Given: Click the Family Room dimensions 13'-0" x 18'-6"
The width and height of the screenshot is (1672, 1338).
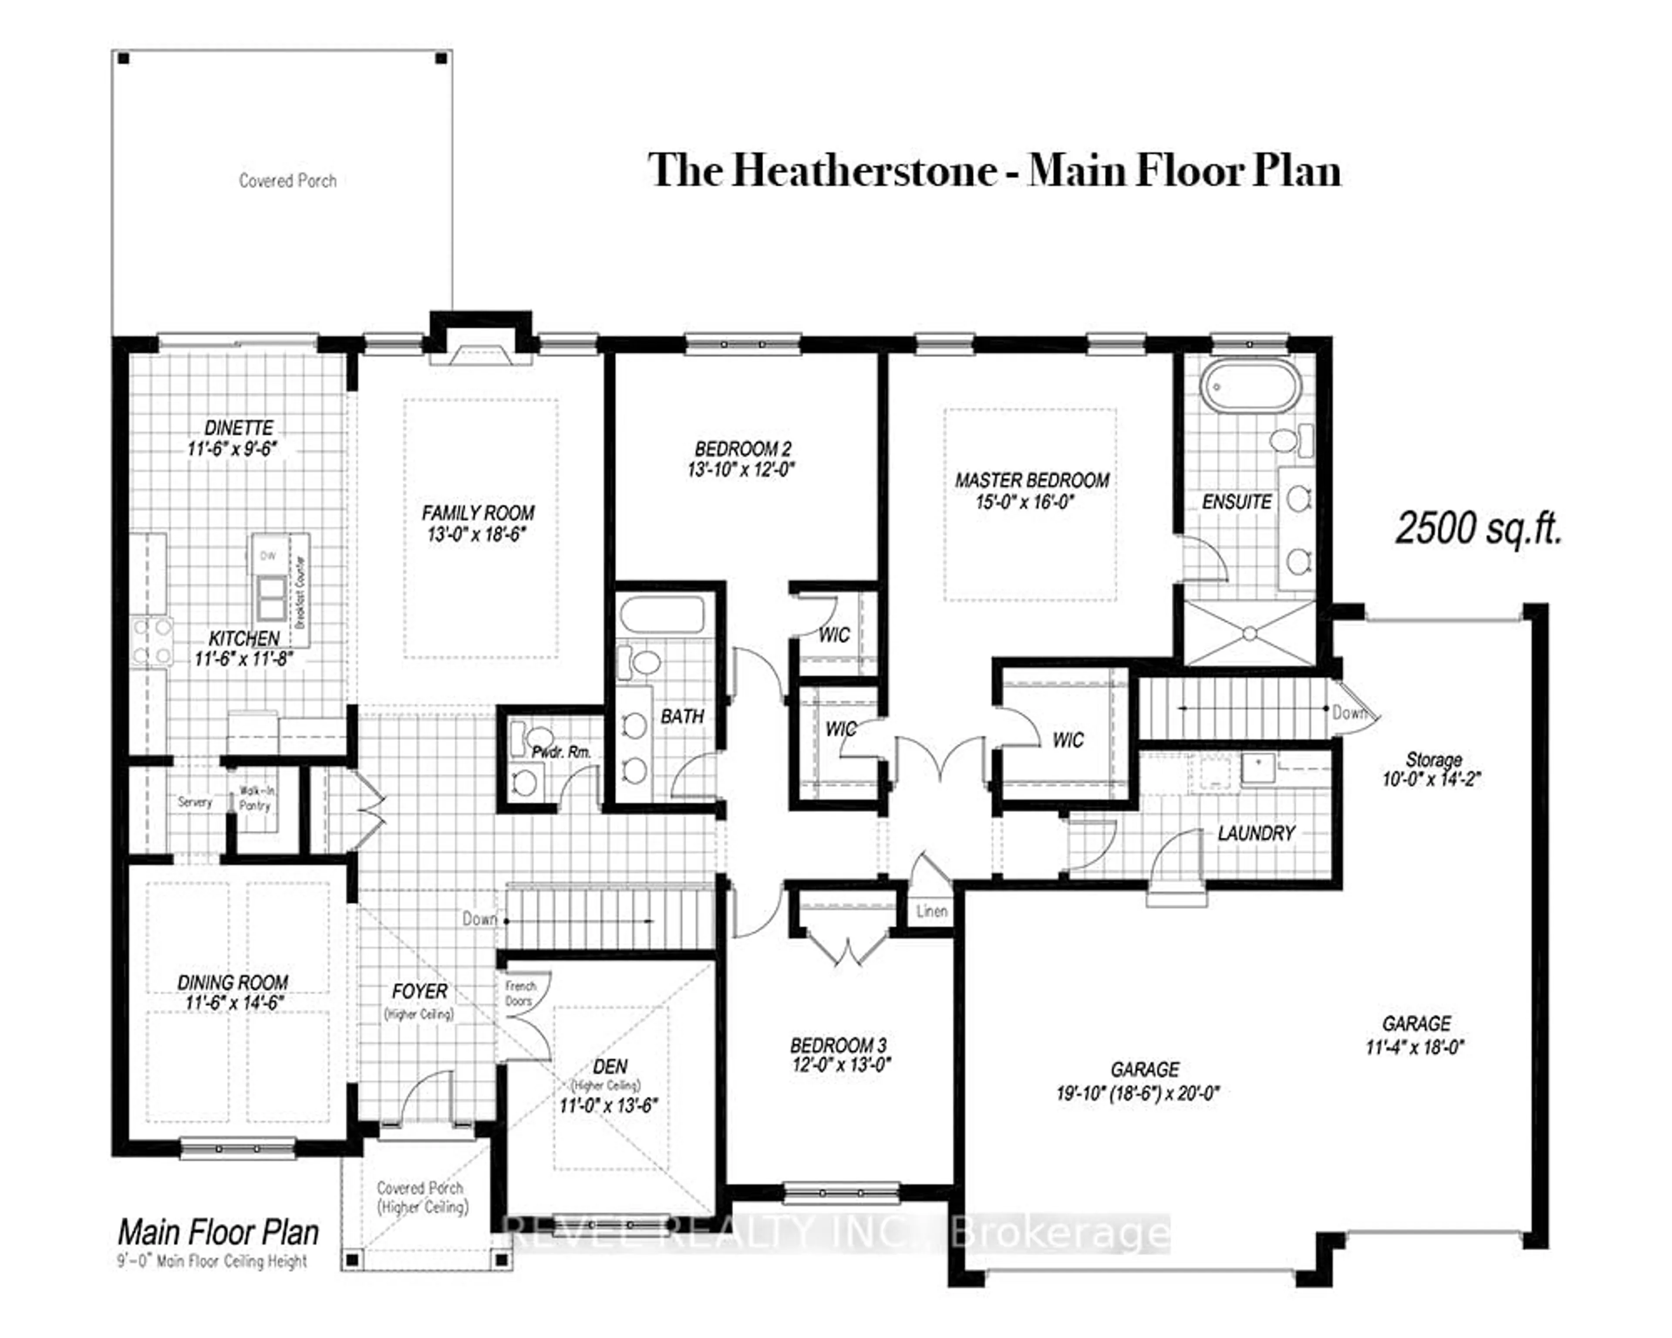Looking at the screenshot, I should click(x=477, y=534).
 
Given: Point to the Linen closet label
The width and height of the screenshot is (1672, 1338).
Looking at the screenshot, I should click(x=931, y=912).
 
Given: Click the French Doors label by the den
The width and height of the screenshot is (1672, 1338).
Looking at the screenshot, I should click(x=520, y=993).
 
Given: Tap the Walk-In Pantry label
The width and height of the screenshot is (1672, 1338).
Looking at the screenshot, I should click(x=255, y=798).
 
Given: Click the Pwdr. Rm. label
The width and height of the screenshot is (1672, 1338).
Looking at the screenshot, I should click(x=561, y=752).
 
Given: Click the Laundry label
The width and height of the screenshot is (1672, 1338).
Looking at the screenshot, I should click(x=1256, y=834).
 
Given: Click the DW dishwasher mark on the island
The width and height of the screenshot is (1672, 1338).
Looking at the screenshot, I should click(x=267, y=555).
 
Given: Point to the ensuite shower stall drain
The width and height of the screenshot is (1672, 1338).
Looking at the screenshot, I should click(x=1249, y=634).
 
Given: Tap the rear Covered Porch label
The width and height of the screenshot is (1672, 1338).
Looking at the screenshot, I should click(x=288, y=181).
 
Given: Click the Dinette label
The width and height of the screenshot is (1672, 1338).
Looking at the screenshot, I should click(x=239, y=428).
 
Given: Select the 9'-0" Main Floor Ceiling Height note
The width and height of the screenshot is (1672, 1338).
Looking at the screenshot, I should click(x=212, y=1262).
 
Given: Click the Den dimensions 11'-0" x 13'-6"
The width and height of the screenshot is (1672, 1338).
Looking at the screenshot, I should click(x=609, y=1105).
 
